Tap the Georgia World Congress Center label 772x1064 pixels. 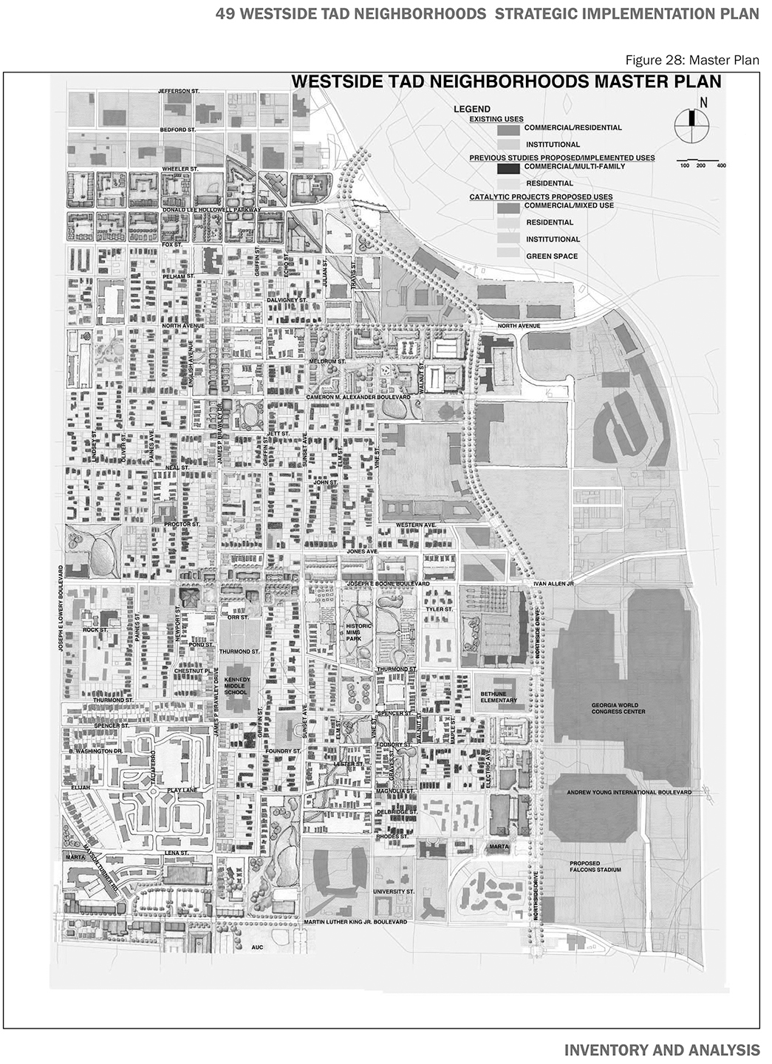(618, 708)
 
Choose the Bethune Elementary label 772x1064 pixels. (499, 697)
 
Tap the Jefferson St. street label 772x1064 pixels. (180, 91)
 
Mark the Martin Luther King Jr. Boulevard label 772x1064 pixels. (355, 922)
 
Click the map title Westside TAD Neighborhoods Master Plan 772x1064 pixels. (507, 81)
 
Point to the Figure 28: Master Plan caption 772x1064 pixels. (692, 60)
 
